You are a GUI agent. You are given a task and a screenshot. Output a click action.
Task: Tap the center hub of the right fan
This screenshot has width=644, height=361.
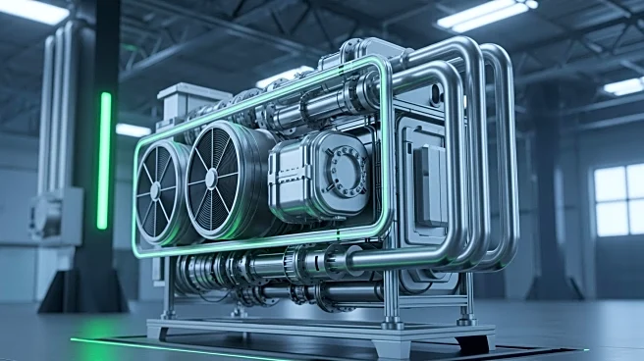pos(210,179)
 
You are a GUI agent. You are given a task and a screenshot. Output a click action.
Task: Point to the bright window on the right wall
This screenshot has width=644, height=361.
pos(617,199)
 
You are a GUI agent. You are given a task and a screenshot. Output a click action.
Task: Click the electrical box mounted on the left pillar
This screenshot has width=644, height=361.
pos(55,214)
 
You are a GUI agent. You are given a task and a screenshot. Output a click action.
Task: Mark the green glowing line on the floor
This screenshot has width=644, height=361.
pos(167,348)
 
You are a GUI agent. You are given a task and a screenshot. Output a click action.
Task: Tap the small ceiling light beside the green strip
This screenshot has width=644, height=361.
pos(133,129)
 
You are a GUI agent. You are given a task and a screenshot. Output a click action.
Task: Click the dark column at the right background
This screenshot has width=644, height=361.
pos(549,196)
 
